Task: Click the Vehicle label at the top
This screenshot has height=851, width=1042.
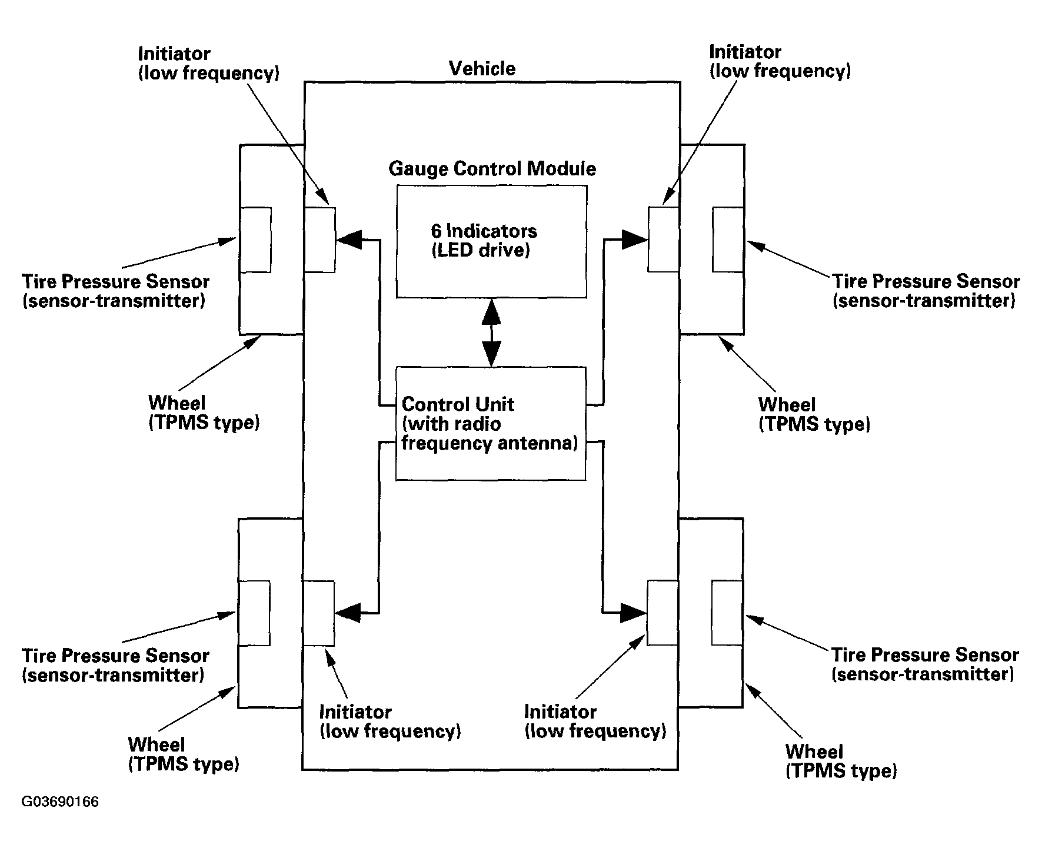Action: point(482,68)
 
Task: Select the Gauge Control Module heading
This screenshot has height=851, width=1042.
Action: point(492,169)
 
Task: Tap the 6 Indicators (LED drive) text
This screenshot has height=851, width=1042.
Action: point(484,241)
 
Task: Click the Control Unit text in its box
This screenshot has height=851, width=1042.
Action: point(490,424)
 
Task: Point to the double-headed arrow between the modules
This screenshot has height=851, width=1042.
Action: point(491,333)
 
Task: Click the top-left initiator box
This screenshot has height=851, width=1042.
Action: point(319,240)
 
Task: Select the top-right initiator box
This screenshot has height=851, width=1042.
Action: point(663,239)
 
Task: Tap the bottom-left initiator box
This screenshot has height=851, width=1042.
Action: point(319,613)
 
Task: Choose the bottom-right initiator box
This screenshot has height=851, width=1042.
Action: point(663,613)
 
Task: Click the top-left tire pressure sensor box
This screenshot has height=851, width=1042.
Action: point(255,240)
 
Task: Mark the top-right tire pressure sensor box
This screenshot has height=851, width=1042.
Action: point(728,239)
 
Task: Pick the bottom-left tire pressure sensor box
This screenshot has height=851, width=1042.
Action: point(254,613)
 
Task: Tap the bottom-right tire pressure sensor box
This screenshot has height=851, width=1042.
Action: point(727,613)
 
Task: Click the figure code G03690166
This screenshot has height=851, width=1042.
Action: point(60,802)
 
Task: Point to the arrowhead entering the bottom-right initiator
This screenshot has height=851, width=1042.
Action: point(634,613)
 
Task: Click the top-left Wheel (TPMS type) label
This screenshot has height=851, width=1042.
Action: point(204,413)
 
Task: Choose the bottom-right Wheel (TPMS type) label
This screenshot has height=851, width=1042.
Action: point(841,761)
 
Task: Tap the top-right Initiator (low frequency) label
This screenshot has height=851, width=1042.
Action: point(780,61)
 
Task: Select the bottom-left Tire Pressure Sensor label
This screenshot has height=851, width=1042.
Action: point(115,665)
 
